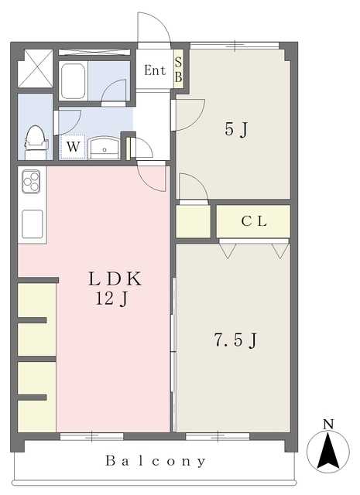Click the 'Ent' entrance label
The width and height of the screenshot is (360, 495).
click(x=155, y=70)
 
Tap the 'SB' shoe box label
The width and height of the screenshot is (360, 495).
click(x=179, y=70)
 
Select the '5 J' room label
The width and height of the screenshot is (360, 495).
click(x=236, y=129)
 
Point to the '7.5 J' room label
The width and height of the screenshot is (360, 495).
click(x=236, y=340)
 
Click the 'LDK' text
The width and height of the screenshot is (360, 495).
click(x=115, y=278)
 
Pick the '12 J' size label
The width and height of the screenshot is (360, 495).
click(x=111, y=298)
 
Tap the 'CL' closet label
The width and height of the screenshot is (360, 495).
click(x=254, y=221)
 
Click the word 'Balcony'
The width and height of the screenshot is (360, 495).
click(x=156, y=461)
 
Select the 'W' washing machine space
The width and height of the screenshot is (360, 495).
click(x=73, y=146)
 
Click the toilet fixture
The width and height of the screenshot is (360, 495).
click(x=36, y=142)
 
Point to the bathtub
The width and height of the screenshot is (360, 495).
click(x=73, y=81)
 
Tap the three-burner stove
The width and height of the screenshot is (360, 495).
click(x=31, y=182)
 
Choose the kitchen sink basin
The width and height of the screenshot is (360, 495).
click(x=33, y=224)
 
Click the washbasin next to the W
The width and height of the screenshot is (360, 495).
click(x=105, y=148)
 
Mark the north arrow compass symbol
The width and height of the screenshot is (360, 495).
click(x=328, y=451)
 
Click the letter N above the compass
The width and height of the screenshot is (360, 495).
click(x=329, y=425)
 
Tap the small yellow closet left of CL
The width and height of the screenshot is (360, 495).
click(x=193, y=221)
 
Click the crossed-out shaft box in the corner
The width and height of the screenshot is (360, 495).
click(x=35, y=69)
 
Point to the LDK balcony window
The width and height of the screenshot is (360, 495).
click(x=91, y=436)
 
